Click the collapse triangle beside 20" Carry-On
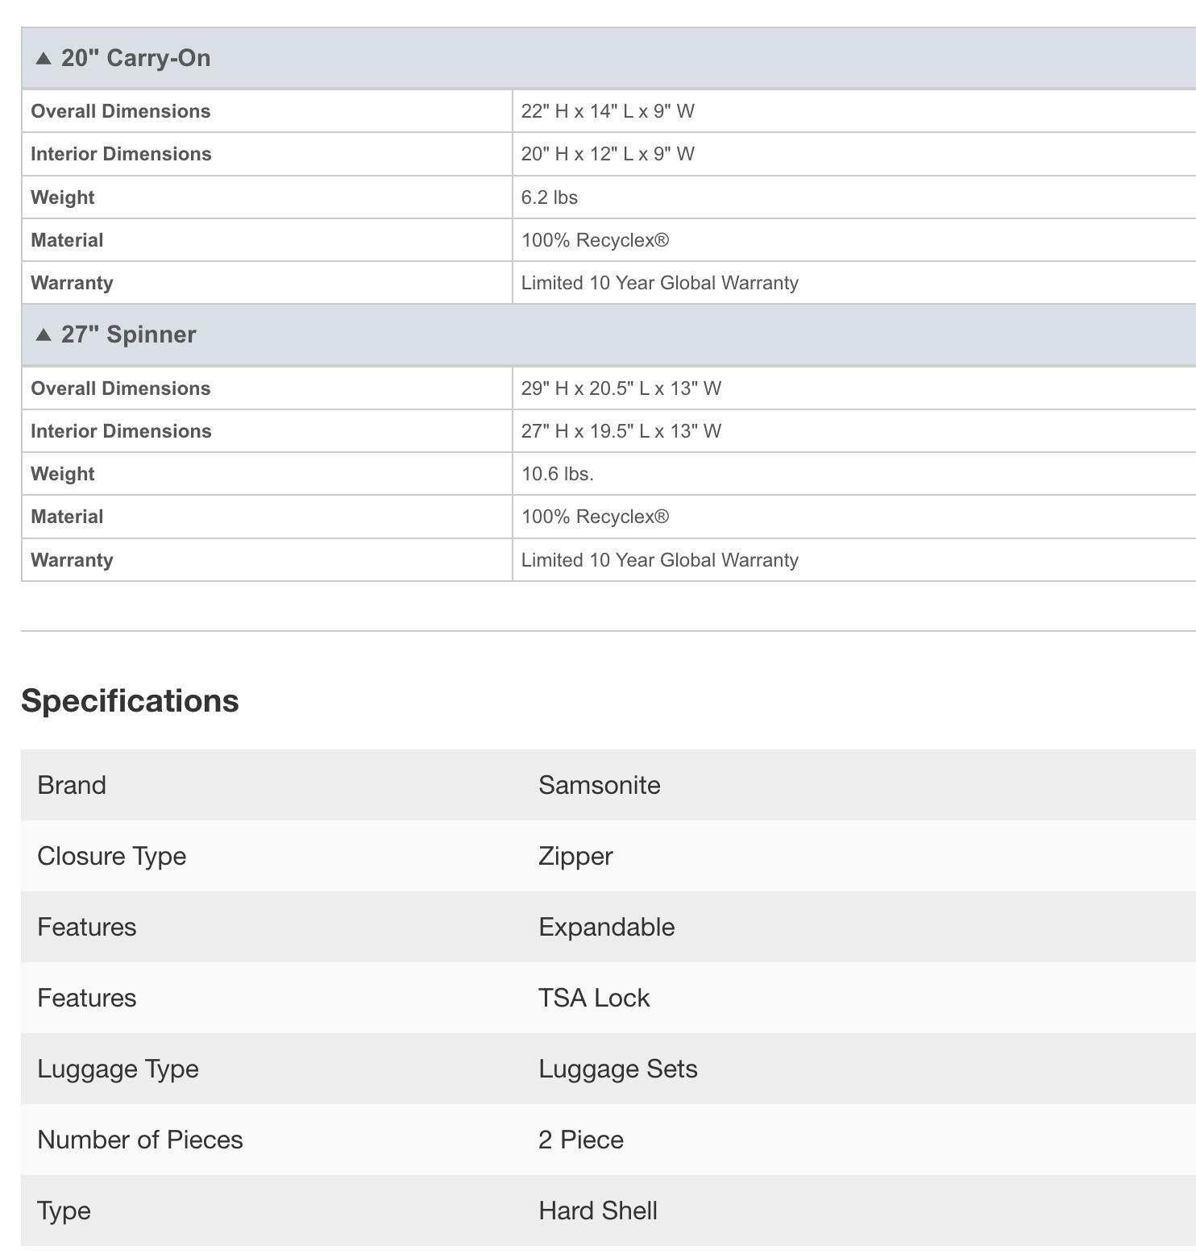(44, 58)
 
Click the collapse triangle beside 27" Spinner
(44, 334)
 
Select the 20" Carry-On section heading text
(135, 58)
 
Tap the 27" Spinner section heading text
(128, 334)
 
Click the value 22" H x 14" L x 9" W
(608, 111)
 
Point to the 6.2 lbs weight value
(549, 197)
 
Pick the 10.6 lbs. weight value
(557, 474)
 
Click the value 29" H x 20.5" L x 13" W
(621, 388)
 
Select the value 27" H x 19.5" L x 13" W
(621, 431)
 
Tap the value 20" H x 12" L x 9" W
(608, 154)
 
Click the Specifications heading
(130, 700)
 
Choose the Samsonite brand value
(599, 785)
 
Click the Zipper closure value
(575, 856)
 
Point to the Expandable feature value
(606, 927)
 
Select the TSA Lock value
(593, 998)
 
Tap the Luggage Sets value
(617, 1069)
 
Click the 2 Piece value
(580, 1140)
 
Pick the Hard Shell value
(597, 1210)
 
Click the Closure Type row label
(111, 856)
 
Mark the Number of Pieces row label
(139, 1140)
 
